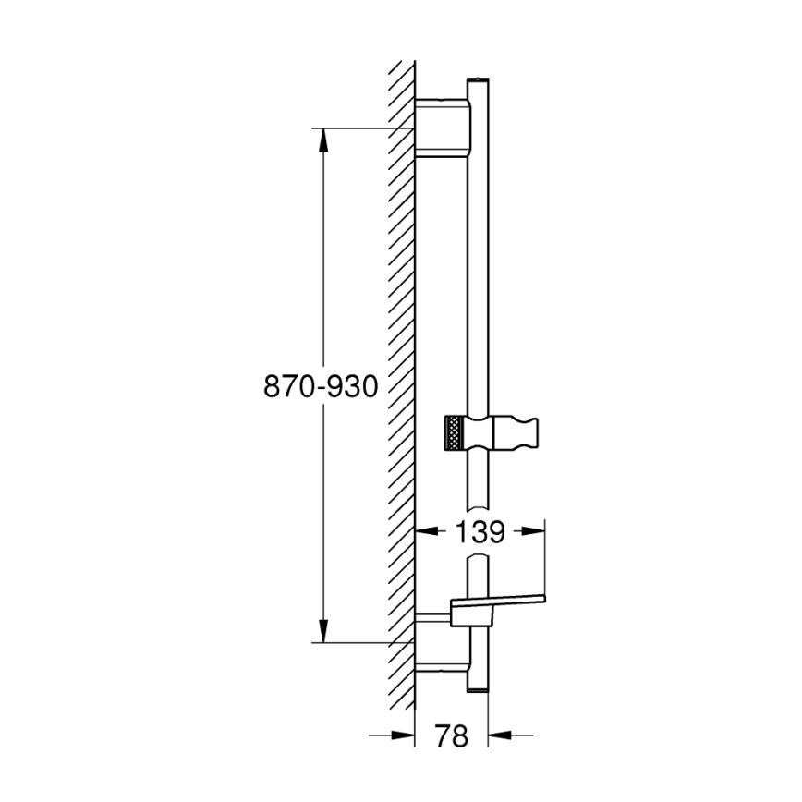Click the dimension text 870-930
[322, 387]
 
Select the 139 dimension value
[480, 532]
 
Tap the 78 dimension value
[451, 735]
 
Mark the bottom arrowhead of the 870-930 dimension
[322, 631]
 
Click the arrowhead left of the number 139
[426, 531]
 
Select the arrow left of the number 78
[403, 735]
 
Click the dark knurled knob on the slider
[455, 432]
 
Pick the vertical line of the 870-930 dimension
[322, 277]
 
